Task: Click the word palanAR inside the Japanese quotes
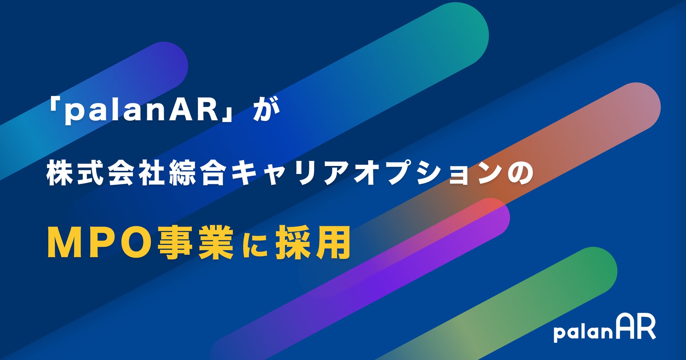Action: click(x=142, y=112)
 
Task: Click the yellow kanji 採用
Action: click(x=313, y=243)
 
